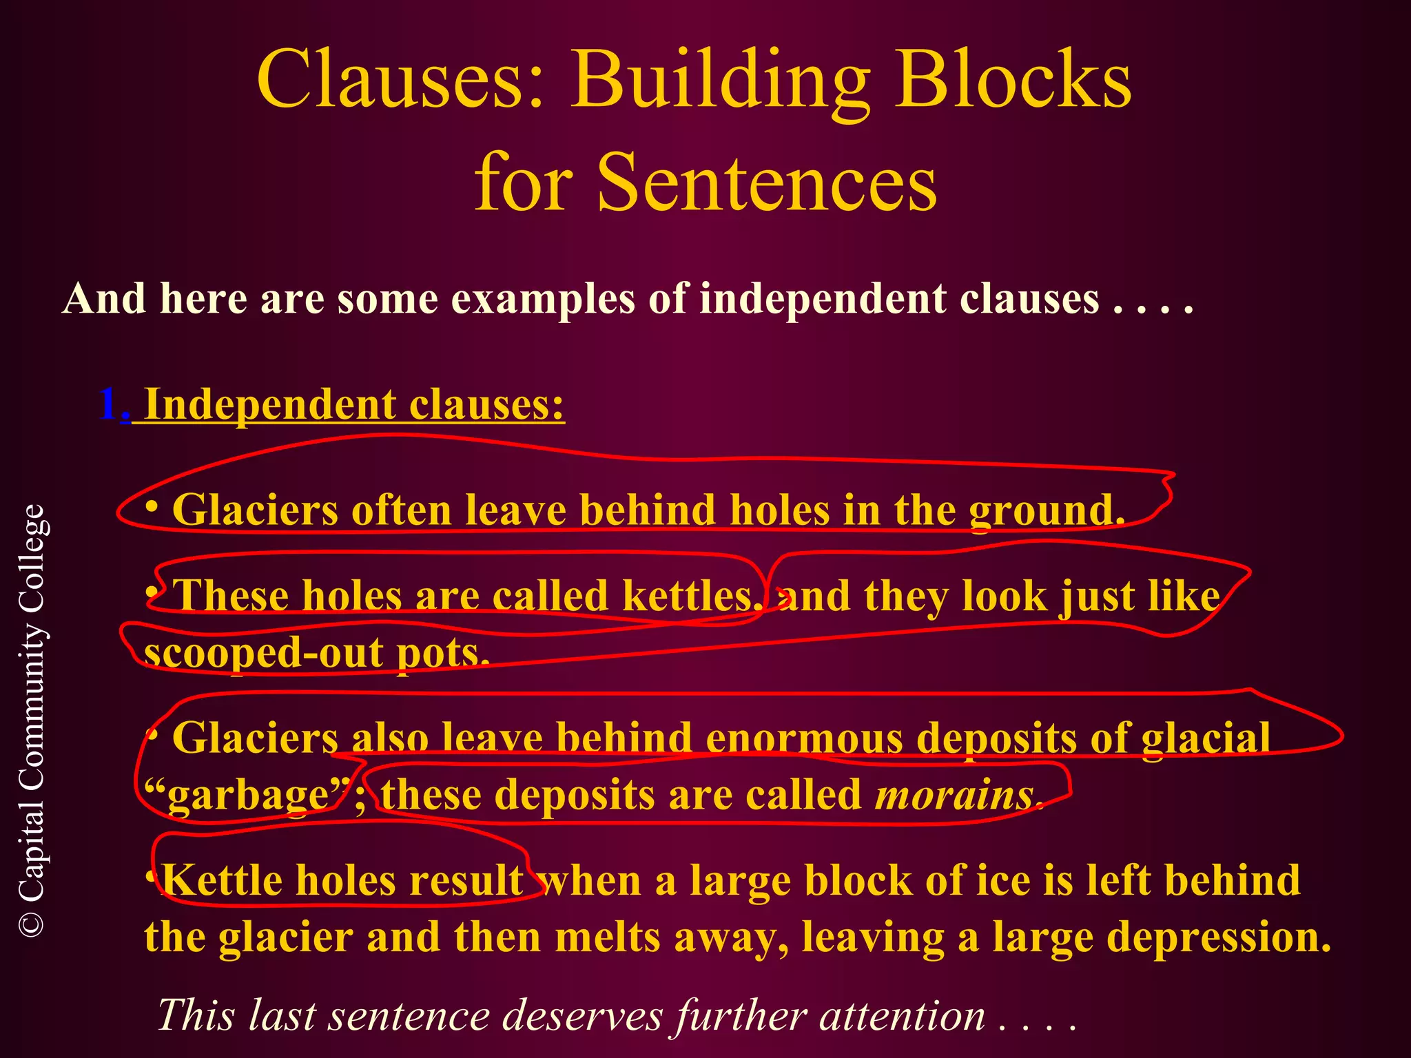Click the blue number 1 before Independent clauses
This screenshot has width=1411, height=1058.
[x=108, y=404]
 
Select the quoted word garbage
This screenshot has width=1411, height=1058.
[x=248, y=795]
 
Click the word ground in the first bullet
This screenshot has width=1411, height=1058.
[x=1046, y=511]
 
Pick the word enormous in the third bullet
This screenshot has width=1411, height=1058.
[x=804, y=738]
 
